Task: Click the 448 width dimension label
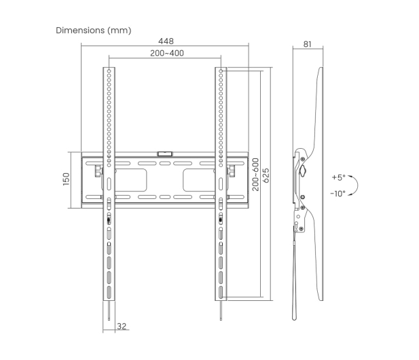[x=166, y=41]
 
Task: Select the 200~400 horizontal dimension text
[x=167, y=53]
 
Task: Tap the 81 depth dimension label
[x=308, y=44]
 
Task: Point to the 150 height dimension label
[x=66, y=179]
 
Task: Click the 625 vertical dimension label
[x=266, y=175]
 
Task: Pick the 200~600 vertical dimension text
[x=256, y=175]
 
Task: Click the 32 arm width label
[x=122, y=326]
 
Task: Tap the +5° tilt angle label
[x=339, y=177]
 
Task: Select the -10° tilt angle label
[x=338, y=193]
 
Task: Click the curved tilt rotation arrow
[x=357, y=185]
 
